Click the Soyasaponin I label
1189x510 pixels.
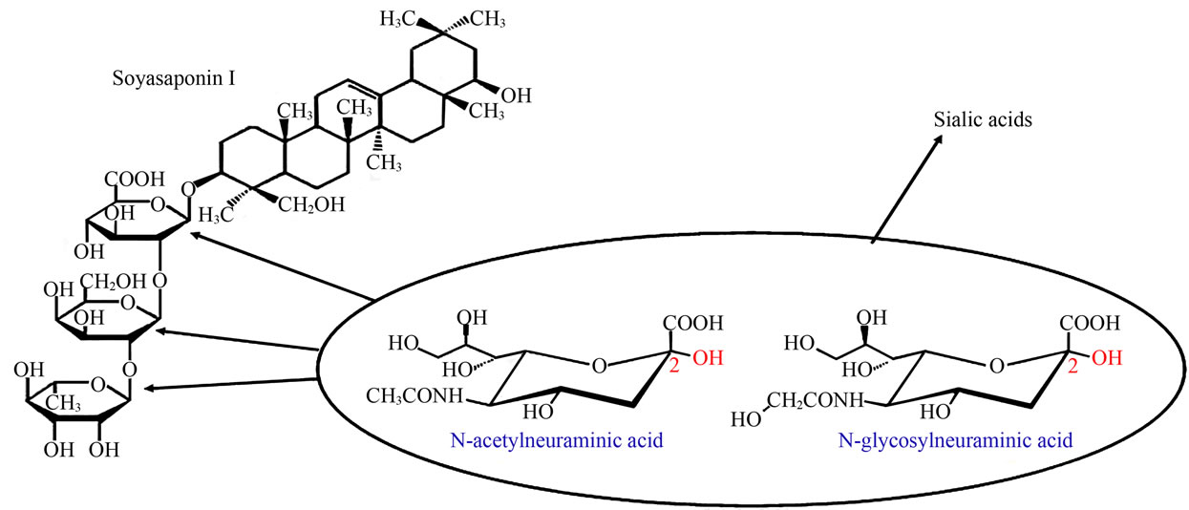[174, 79]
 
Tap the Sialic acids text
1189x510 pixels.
[983, 120]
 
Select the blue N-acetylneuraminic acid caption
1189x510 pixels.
[557, 440]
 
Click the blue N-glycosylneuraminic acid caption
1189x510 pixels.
[955, 440]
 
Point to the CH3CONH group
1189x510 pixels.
[414, 396]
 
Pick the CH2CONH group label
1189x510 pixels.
[815, 401]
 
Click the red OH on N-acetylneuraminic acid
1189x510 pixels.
[708, 358]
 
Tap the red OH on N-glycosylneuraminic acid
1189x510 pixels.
[1107, 358]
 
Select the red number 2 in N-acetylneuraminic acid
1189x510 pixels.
[674, 366]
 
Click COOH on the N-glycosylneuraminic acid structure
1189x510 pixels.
[1090, 323]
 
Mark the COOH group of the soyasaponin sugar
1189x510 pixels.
[135, 180]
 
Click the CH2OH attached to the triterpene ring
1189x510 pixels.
[311, 204]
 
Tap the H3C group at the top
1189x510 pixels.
[397, 20]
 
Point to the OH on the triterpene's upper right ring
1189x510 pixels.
[517, 96]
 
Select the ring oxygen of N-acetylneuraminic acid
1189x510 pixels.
[600, 366]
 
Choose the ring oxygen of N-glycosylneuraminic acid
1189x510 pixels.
[997, 366]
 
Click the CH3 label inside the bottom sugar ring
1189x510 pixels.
[63, 403]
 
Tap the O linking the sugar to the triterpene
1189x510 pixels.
[188, 189]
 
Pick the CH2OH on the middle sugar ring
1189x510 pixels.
[113, 282]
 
